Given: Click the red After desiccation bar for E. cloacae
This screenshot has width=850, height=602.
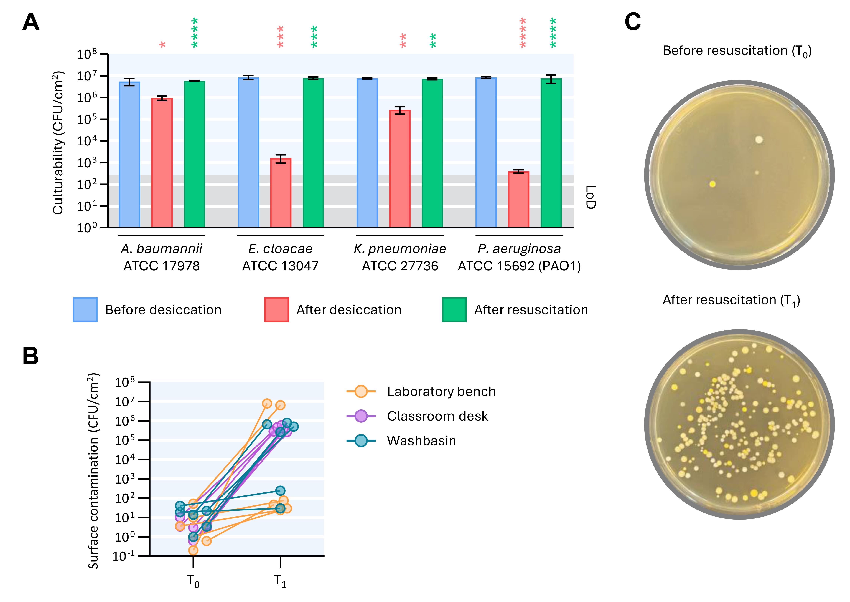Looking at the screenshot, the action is pyautogui.click(x=281, y=193).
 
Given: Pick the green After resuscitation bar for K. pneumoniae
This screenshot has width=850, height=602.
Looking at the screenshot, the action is pyautogui.click(x=432, y=153).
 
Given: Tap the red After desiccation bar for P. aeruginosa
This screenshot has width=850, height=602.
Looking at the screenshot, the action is pyautogui.click(x=518, y=199).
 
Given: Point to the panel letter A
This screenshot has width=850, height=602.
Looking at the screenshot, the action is pyautogui.click(x=31, y=22).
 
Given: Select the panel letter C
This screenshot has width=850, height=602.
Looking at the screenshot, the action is pyautogui.click(x=633, y=22).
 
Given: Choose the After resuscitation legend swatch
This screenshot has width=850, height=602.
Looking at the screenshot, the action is pyautogui.click(x=454, y=310).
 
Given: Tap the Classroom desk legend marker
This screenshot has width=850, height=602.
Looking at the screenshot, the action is pyautogui.click(x=361, y=416).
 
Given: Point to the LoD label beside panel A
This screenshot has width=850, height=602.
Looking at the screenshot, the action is pyautogui.click(x=590, y=197).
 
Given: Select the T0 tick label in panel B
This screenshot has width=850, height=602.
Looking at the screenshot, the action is pyautogui.click(x=193, y=581).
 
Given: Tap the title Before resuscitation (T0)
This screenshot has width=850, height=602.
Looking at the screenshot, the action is pyautogui.click(x=737, y=51).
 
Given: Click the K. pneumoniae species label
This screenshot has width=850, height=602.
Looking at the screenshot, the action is pyautogui.click(x=400, y=249).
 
